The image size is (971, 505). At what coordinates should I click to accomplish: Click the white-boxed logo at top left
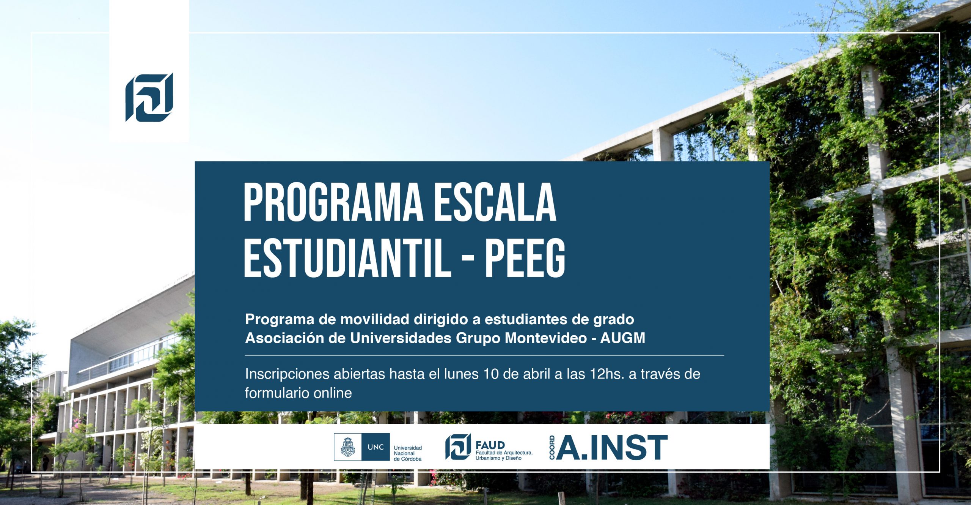(149, 97)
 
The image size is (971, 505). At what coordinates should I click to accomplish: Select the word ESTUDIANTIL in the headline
(347, 258)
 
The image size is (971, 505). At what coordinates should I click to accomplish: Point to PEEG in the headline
(525, 258)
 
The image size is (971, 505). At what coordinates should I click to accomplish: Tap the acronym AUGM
(623, 338)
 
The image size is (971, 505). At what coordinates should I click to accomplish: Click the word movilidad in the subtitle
(374, 319)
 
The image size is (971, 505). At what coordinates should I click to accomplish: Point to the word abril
(537, 374)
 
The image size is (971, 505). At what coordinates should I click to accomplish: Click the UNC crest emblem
(348, 447)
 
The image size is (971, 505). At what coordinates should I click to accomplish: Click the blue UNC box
(376, 447)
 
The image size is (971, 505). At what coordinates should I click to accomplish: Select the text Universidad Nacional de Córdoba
(408, 453)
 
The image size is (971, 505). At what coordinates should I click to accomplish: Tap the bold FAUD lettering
(490, 445)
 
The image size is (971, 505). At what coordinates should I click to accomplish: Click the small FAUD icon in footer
(458, 447)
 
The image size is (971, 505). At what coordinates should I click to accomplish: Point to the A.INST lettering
(611, 447)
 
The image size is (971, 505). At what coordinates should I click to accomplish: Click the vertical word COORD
(552, 447)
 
